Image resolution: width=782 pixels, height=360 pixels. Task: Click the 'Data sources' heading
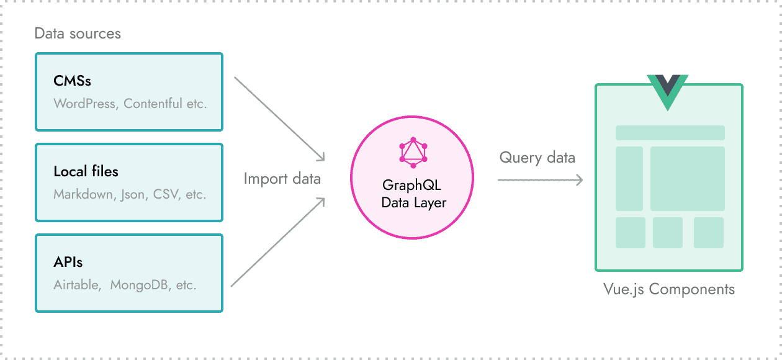(78, 34)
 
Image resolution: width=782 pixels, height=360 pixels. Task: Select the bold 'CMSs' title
(72, 81)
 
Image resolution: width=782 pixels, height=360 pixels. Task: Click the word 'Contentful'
(153, 104)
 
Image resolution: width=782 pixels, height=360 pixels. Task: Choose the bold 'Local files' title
(86, 171)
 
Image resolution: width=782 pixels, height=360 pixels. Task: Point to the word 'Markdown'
(83, 194)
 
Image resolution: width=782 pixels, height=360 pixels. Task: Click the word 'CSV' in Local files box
(166, 194)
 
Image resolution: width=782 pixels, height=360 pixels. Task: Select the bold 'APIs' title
(68, 262)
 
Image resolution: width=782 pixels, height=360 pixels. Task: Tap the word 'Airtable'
(76, 285)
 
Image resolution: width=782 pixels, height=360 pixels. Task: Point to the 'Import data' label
(282, 179)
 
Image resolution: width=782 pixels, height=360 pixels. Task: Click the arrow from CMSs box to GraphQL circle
(279, 118)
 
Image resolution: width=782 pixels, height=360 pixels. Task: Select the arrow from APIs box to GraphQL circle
(278, 243)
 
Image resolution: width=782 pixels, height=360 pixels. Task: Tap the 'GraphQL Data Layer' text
(413, 194)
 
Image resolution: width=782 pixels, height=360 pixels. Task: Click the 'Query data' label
(537, 158)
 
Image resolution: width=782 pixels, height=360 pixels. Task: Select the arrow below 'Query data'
(540, 180)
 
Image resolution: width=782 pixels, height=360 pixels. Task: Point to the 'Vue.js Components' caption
(668, 289)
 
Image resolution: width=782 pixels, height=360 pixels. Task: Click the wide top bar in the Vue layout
(670, 133)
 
